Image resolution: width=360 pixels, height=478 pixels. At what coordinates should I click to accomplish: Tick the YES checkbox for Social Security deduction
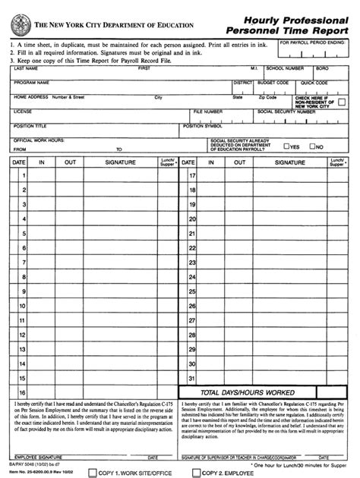click(x=285, y=147)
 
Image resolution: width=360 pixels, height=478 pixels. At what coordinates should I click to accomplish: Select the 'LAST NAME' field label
click(x=27, y=68)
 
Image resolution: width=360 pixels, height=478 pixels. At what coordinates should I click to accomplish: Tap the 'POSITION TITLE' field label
click(x=30, y=125)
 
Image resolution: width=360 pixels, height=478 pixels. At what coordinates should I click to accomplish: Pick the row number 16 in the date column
click(x=23, y=392)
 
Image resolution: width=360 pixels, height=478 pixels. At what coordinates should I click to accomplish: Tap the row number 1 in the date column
click(x=24, y=176)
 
